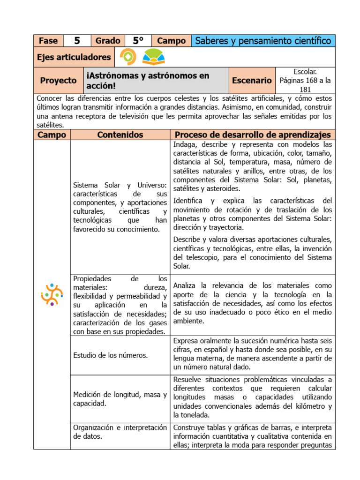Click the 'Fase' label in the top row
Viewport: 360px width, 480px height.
point(48,41)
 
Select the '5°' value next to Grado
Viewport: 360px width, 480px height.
point(138,41)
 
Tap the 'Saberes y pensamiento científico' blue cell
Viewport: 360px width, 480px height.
point(263,41)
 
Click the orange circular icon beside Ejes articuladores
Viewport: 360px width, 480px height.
point(127,57)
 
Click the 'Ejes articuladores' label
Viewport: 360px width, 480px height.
point(74,57)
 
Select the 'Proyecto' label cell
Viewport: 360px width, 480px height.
point(58,80)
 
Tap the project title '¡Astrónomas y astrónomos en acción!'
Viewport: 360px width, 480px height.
point(148,81)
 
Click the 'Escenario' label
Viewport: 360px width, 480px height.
point(252,81)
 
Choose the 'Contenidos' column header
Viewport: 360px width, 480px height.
point(120,135)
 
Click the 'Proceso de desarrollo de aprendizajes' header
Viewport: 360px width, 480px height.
point(253,135)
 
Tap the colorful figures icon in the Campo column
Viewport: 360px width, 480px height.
point(52,294)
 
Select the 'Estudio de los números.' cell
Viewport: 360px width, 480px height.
point(111,355)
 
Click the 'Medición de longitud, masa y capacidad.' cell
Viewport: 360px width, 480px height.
point(120,399)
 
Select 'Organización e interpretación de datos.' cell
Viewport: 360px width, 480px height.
point(120,432)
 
